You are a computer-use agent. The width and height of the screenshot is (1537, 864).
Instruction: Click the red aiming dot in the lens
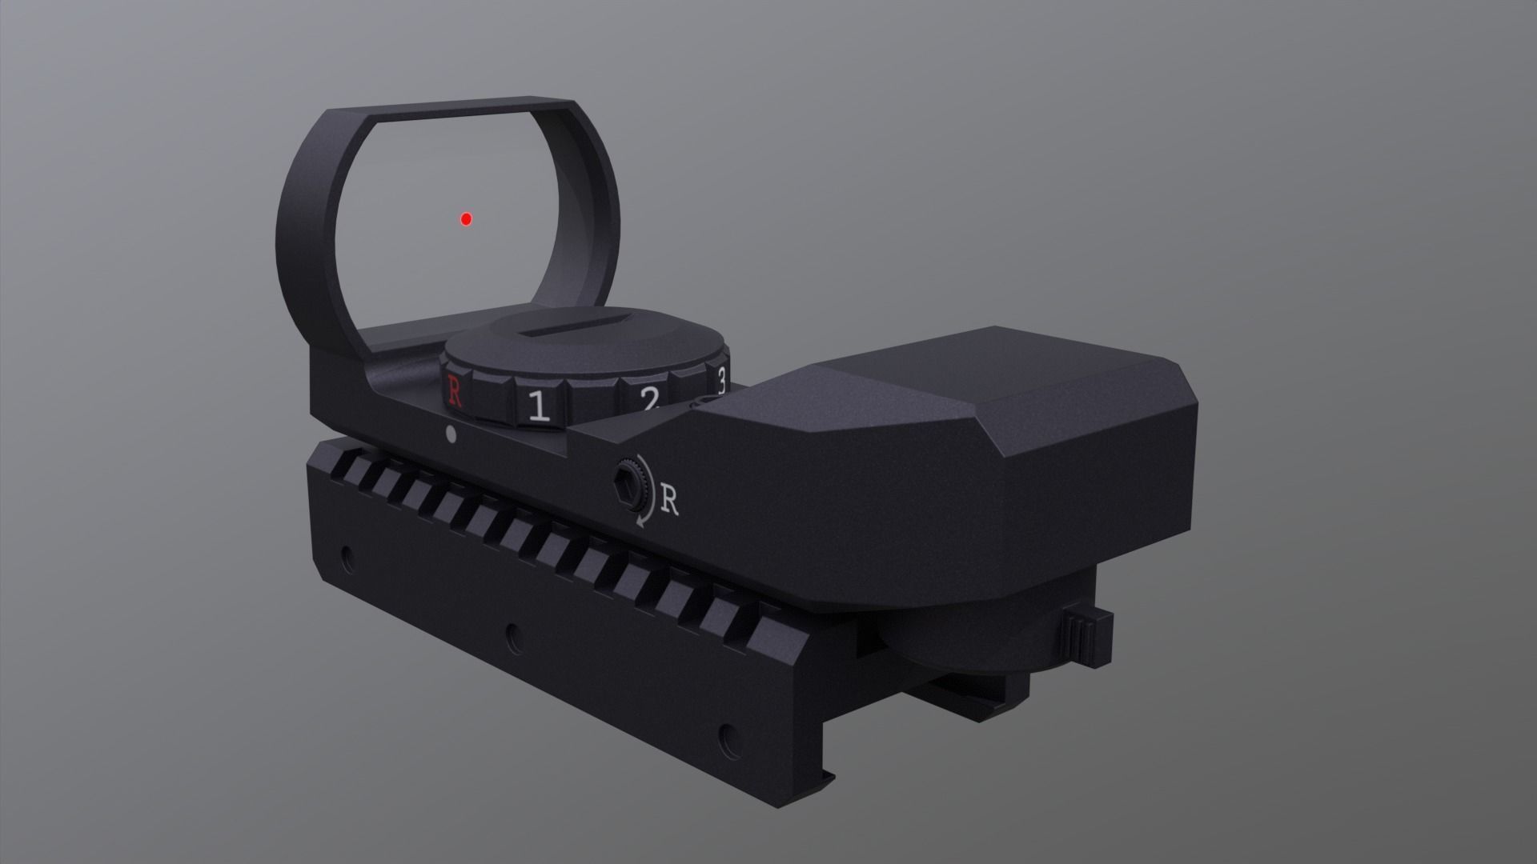[x=466, y=219]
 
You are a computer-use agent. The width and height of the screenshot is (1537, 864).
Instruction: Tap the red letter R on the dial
[x=455, y=391]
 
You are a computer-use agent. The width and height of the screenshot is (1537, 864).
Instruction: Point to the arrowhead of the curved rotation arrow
[x=640, y=522]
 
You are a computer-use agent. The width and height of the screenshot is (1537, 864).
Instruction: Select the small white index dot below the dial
[x=450, y=434]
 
